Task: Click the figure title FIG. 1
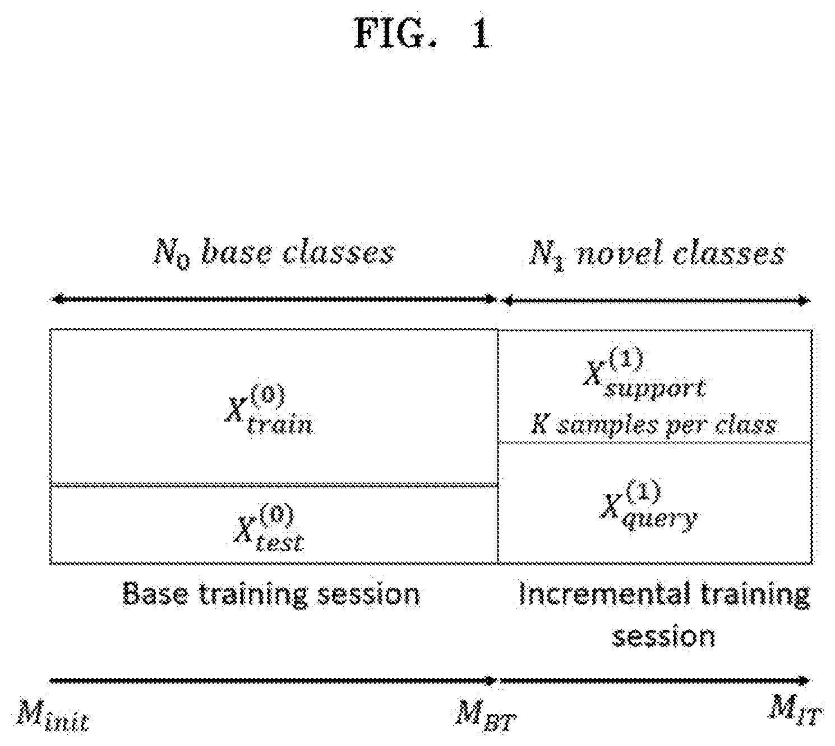[x=422, y=34]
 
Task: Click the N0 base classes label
[x=274, y=254]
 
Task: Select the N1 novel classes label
[x=657, y=255]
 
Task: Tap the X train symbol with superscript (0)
[x=269, y=409]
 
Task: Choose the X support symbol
[x=644, y=373]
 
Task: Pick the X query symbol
[x=649, y=505]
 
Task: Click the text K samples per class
[x=653, y=425]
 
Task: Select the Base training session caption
[x=271, y=594]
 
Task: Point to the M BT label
[x=486, y=719]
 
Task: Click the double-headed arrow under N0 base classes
[x=274, y=299]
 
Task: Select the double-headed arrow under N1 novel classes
[x=656, y=300]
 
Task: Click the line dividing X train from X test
[x=274, y=484]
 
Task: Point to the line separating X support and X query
[x=656, y=443]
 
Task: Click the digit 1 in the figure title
[x=481, y=34]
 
